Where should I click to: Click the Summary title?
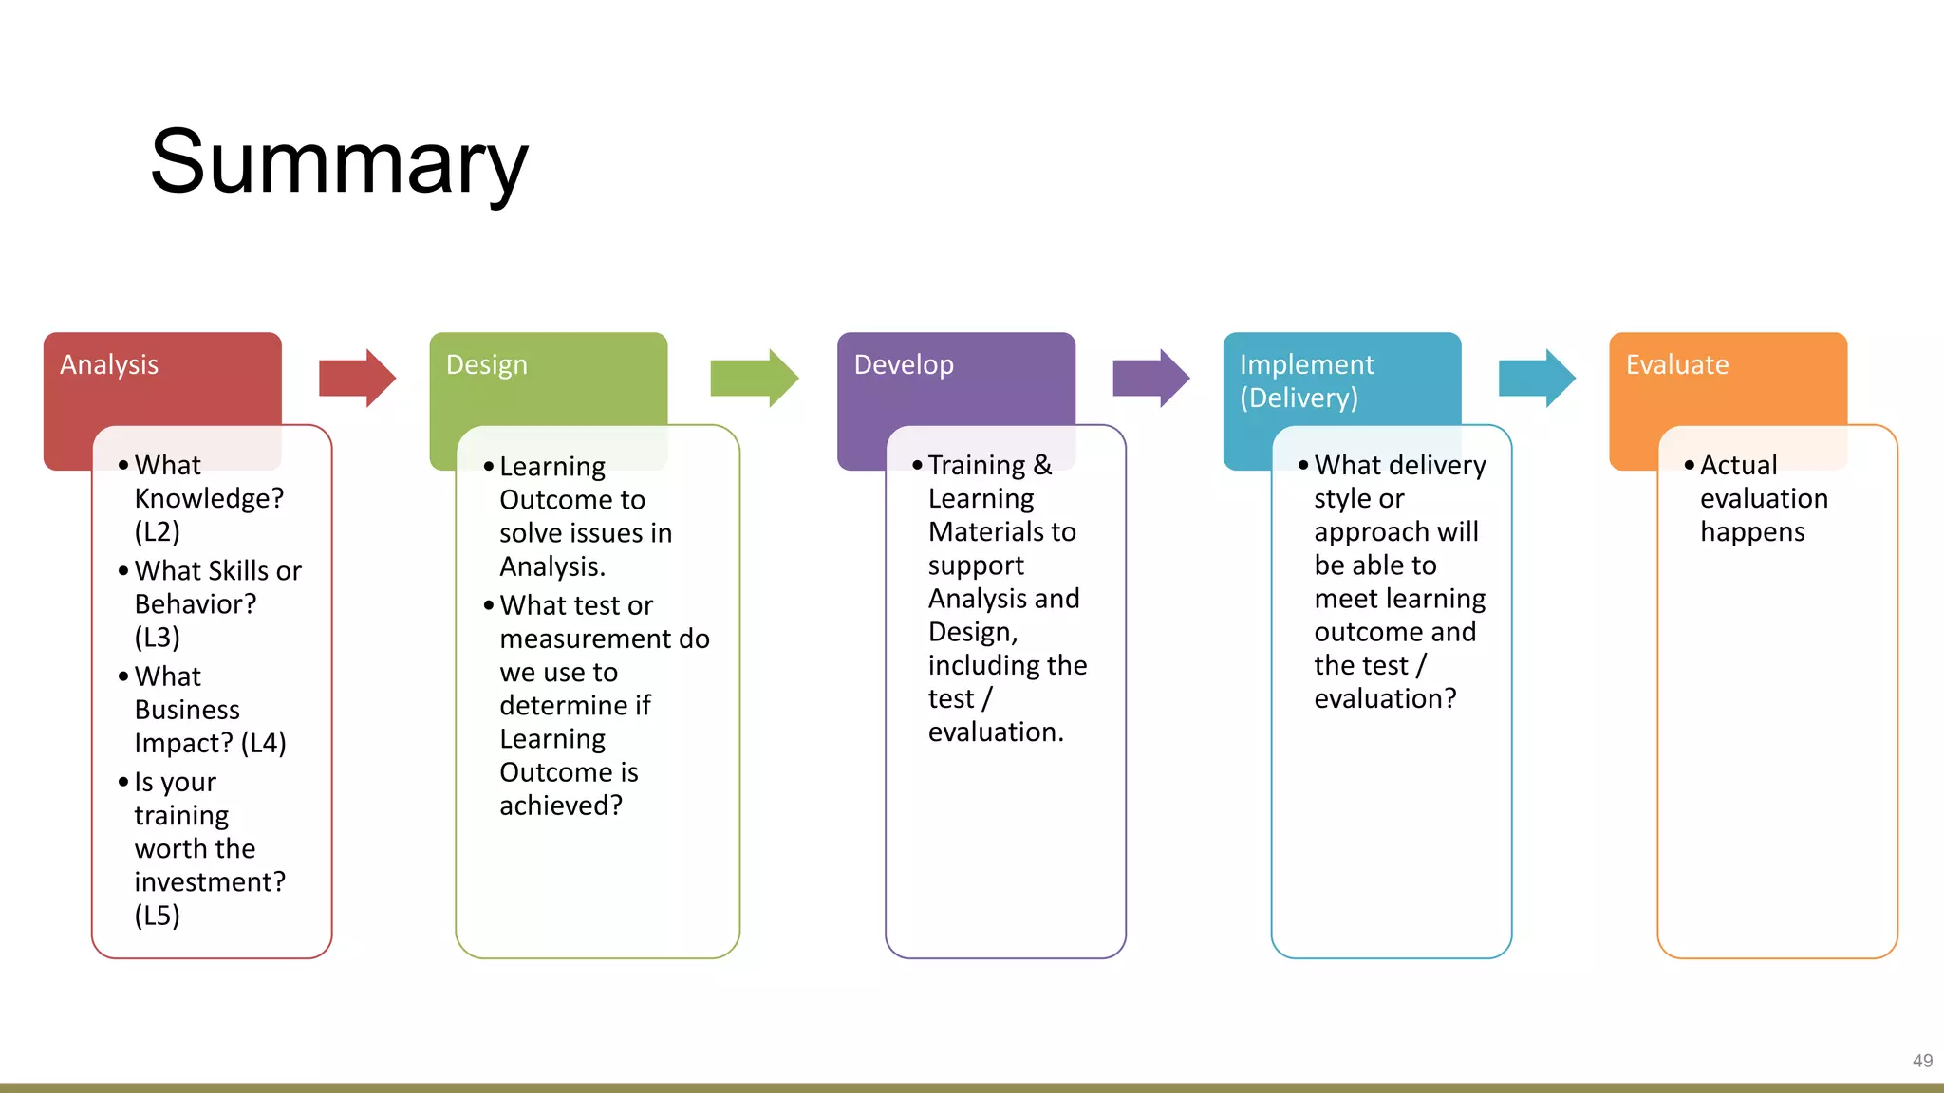(x=339, y=163)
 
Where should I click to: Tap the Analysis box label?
(x=109, y=365)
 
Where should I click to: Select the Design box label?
(x=486, y=365)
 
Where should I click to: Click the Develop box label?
(x=903, y=365)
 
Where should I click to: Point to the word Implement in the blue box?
(x=1306, y=365)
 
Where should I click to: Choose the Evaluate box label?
(x=1676, y=365)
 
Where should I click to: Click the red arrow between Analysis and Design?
(x=357, y=378)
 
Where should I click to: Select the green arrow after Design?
(x=754, y=378)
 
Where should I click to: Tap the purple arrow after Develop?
(x=1150, y=378)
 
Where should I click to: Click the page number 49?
(x=1922, y=1061)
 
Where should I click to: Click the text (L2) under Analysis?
(x=158, y=532)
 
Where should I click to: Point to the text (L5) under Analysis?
(x=158, y=916)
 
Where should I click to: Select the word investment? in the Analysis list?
(x=210, y=882)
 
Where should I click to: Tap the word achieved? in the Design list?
(x=561, y=806)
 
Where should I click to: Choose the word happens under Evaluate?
(x=1752, y=532)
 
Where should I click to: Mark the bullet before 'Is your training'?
(x=123, y=783)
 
